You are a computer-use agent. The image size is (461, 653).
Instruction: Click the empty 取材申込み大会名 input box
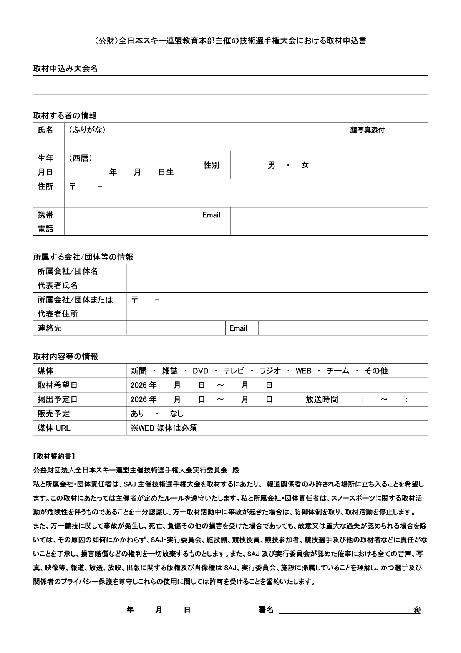coord(230,85)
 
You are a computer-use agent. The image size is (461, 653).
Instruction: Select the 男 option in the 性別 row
coord(271,165)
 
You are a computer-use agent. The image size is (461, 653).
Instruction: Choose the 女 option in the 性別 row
coord(305,165)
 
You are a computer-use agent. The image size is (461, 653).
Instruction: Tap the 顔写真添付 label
coord(367,130)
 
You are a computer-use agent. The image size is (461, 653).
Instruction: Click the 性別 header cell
coord(211,165)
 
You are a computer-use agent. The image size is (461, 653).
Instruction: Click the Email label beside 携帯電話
coord(211,215)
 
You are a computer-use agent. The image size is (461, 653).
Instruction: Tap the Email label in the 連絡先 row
coord(238,328)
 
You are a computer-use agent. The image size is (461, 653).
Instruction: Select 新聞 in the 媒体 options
coord(139,371)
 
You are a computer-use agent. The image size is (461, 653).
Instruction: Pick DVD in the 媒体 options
coord(200,371)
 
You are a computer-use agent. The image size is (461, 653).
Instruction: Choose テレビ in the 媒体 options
coord(234,371)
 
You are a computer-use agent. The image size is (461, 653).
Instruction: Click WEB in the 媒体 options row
coord(303,371)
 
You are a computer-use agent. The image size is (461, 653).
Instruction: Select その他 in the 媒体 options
coord(376,371)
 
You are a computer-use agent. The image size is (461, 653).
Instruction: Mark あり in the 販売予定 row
coord(138,414)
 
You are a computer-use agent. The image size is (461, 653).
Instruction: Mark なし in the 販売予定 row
coord(177,414)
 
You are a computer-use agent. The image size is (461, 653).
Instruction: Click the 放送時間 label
coord(322,399)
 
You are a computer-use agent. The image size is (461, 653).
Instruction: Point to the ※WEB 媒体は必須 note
coord(164,428)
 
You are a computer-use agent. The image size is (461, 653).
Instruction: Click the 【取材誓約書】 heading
coord(54,456)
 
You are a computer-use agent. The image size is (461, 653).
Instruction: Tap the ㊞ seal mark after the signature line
coord(417,610)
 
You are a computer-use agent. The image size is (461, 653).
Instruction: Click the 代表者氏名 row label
coord(58,286)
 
